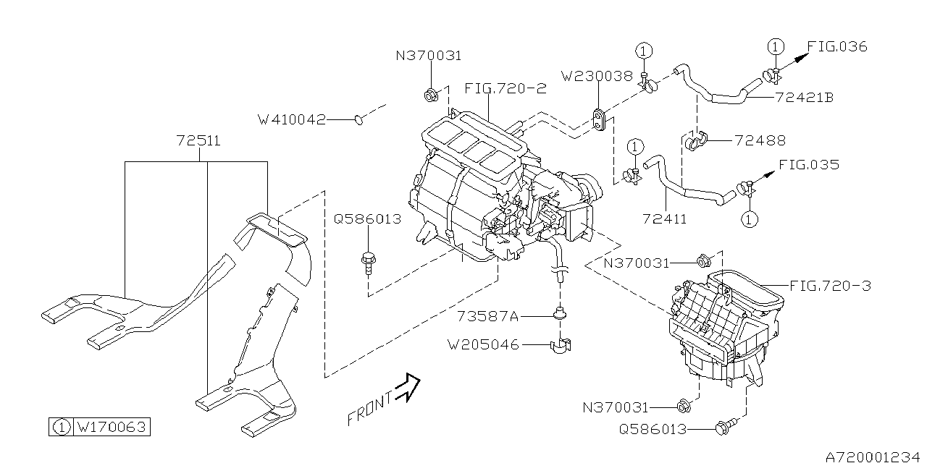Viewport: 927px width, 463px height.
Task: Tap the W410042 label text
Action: pyautogui.click(x=292, y=119)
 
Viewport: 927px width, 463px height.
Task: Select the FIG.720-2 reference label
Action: pyautogui.click(x=505, y=89)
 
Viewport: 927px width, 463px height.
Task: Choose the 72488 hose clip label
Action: pyautogui.click(x=760, y=140)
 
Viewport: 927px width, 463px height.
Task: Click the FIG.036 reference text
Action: pyautogui.click(x=836, y=46)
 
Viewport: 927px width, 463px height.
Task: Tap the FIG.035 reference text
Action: pyautogui.click(x=809, y=164)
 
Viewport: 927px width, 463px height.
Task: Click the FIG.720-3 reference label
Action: pyautogui.click(x=830, y=286)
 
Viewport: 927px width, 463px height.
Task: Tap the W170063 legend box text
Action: pyautogui.click(x=112, y=427)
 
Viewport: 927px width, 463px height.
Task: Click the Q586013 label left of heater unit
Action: pyautogui.click(x=367, y=218)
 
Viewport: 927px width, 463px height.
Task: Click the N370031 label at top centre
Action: pyautogui.click(x=428, y=55)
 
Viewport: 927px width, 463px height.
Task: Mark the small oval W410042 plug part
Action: pyautogui.click(x=360, y=119)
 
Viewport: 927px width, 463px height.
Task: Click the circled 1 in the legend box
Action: pyautogui.click(x=62, y=427)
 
